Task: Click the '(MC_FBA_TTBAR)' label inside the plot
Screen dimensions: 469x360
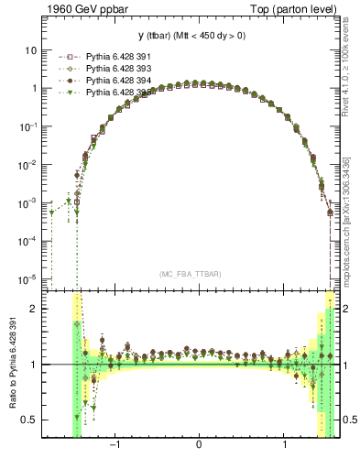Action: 191,274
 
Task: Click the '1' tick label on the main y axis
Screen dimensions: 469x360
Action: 33,89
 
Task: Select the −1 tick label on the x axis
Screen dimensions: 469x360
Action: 115,446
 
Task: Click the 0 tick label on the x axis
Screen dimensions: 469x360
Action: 199,446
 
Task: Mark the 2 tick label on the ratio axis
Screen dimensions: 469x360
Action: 33,309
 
